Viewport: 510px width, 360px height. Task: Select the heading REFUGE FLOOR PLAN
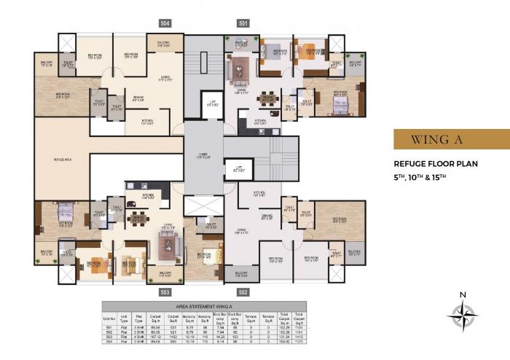click(436, 164)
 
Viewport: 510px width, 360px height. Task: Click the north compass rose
click(463, 314)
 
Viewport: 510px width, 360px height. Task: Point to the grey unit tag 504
click(166, 23)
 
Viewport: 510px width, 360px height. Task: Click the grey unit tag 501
click(243, 23)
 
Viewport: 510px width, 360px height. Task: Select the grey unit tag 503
click(166, 291)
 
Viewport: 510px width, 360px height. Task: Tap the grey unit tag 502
click(243, 291)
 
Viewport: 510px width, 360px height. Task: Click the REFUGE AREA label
click(62, 158)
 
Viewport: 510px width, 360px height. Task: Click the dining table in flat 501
click(269, 98)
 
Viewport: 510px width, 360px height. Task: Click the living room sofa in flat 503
click(171, 247)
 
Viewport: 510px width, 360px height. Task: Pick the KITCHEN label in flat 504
click(146, 122)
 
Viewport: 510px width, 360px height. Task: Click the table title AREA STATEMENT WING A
click(204, 306)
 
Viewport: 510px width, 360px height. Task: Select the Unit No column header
click(109, 318)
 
